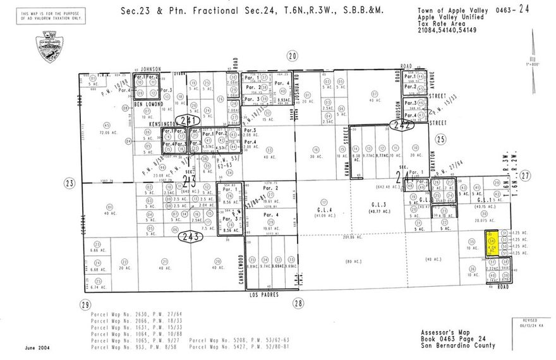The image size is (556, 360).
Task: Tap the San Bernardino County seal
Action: (49, 46)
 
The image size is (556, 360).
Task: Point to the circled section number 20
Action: (291, 56)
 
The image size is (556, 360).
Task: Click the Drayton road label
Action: (433, 159)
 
